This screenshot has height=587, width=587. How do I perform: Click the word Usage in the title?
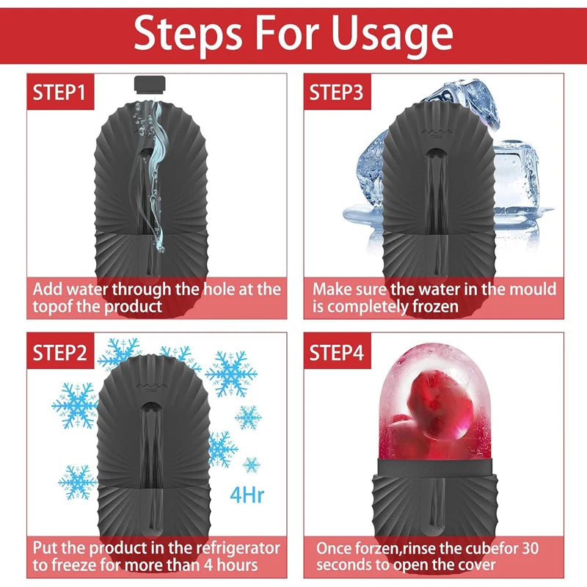coord(392,34)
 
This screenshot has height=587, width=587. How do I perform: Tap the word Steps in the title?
coord(189,34)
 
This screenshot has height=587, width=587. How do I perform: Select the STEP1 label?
coord(59,92)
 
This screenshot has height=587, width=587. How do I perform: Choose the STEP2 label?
coord(59,353)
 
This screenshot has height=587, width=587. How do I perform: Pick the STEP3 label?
coord(336,92)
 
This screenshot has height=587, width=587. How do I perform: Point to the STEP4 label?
coord(337,353)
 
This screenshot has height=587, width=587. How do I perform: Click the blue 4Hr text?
coord(247,495)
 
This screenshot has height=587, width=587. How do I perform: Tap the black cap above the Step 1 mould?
coord(150,84)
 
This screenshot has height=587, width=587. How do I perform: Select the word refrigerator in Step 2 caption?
coord(238,548)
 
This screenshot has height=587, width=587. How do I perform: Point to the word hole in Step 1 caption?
coord(219,289)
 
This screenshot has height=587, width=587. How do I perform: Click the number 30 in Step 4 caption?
coord(530,548)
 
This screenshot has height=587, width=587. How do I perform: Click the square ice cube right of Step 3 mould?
coord(517,176)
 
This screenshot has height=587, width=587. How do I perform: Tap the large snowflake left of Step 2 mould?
coord(76,406)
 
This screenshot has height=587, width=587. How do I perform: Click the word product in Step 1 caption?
coord(133,307)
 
